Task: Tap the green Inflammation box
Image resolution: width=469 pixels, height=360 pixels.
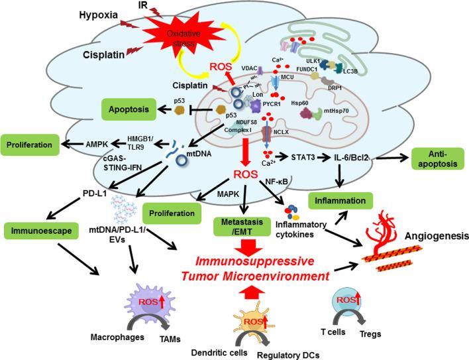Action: point(343,198)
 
